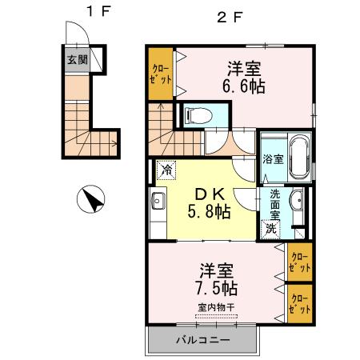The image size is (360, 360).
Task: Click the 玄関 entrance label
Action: point(78,60)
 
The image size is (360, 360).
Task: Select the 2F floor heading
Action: point(230,15)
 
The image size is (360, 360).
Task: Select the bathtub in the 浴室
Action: point(300,158)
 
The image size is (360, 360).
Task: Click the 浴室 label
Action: point(273,159)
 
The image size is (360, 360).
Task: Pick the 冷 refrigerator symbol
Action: point(165,170)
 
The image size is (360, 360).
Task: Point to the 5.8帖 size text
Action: point(208,213)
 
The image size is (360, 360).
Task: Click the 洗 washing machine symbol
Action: point(272,229)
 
